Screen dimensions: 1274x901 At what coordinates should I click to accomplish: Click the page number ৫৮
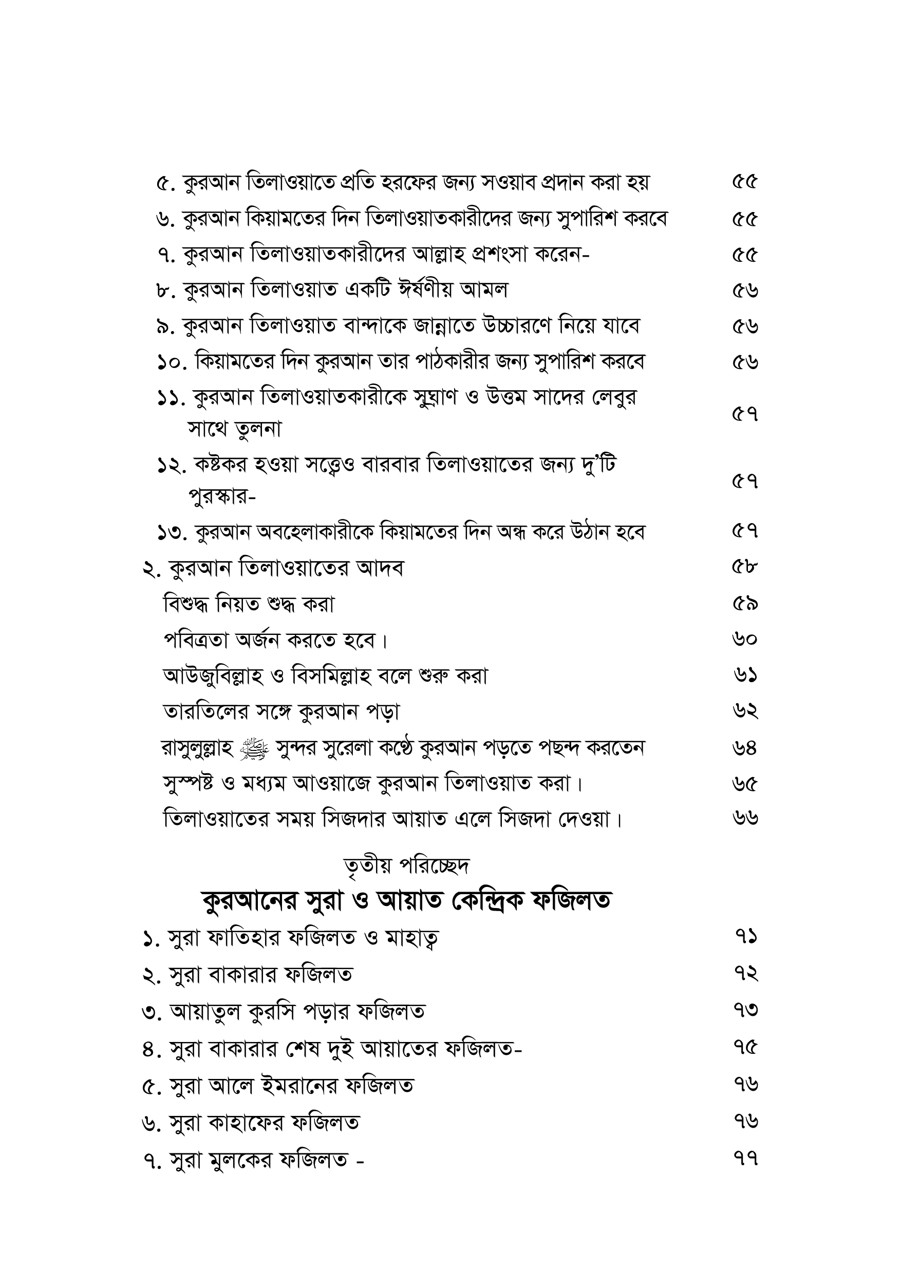(745, 568)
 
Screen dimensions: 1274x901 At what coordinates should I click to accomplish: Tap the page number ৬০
(745, 640)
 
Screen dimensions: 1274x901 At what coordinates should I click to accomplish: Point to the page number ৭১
(745, 937)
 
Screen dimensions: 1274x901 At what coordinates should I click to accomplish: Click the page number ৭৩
(745, 1011)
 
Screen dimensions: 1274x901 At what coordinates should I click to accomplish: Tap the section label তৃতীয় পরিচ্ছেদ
(407, 865)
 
